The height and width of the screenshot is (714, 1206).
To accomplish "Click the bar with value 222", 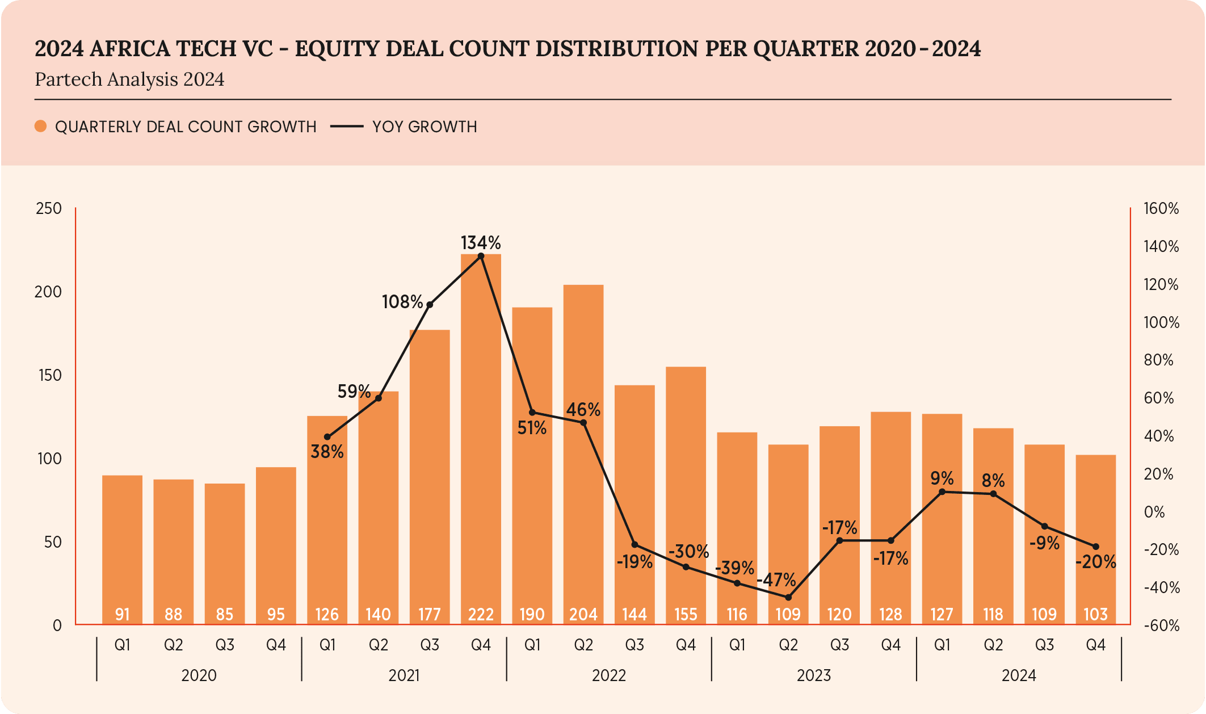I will click(481, 443).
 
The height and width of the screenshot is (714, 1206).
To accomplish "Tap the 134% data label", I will click(481, 243).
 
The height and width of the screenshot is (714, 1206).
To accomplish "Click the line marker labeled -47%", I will click(788, 597).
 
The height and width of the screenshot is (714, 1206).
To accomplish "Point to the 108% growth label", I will click(402, 302).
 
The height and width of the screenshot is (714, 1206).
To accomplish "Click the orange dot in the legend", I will click(40, 126).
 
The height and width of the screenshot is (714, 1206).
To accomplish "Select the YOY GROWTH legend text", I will click(425, 127).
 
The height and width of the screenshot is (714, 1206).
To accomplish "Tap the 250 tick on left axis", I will click(49, 208).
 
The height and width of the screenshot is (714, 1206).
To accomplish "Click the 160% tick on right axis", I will click(1161, 208).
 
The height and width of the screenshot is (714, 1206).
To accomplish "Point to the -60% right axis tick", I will click(1161, 625).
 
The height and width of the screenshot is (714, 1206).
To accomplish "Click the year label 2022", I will click(608, 675).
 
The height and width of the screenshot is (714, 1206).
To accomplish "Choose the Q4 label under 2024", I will click(1095, 645).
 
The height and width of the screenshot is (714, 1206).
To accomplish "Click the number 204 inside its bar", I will click(583, 614).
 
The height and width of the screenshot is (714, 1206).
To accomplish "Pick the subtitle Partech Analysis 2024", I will click(129, 79).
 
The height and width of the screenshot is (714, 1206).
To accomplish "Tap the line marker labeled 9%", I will click(942, 492).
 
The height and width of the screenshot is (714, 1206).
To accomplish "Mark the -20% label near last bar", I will click(1095, 562).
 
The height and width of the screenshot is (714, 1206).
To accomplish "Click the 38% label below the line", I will click(327, 452).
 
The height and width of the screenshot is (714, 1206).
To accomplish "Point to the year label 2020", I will click(199, 675).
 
